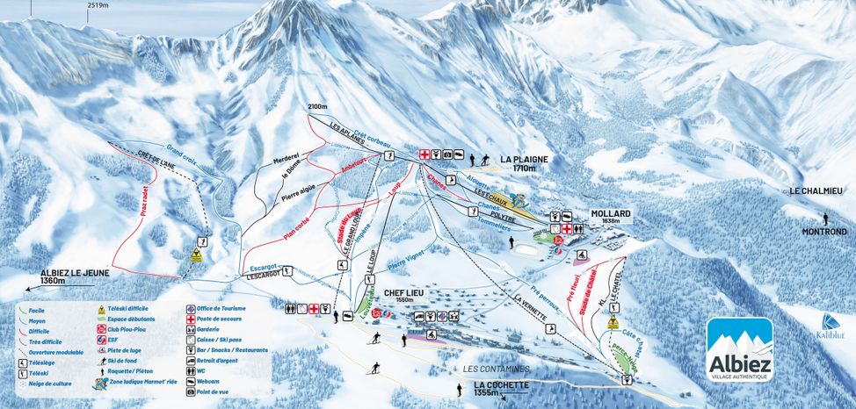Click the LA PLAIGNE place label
click(x=525, y=160)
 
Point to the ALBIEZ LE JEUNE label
click(x=75, y=273)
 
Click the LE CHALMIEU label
click(x=816, y=190)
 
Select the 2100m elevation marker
click(x=317, y=107)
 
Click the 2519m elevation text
click(x=98, y=4)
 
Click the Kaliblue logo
click(x=825, y=326)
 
